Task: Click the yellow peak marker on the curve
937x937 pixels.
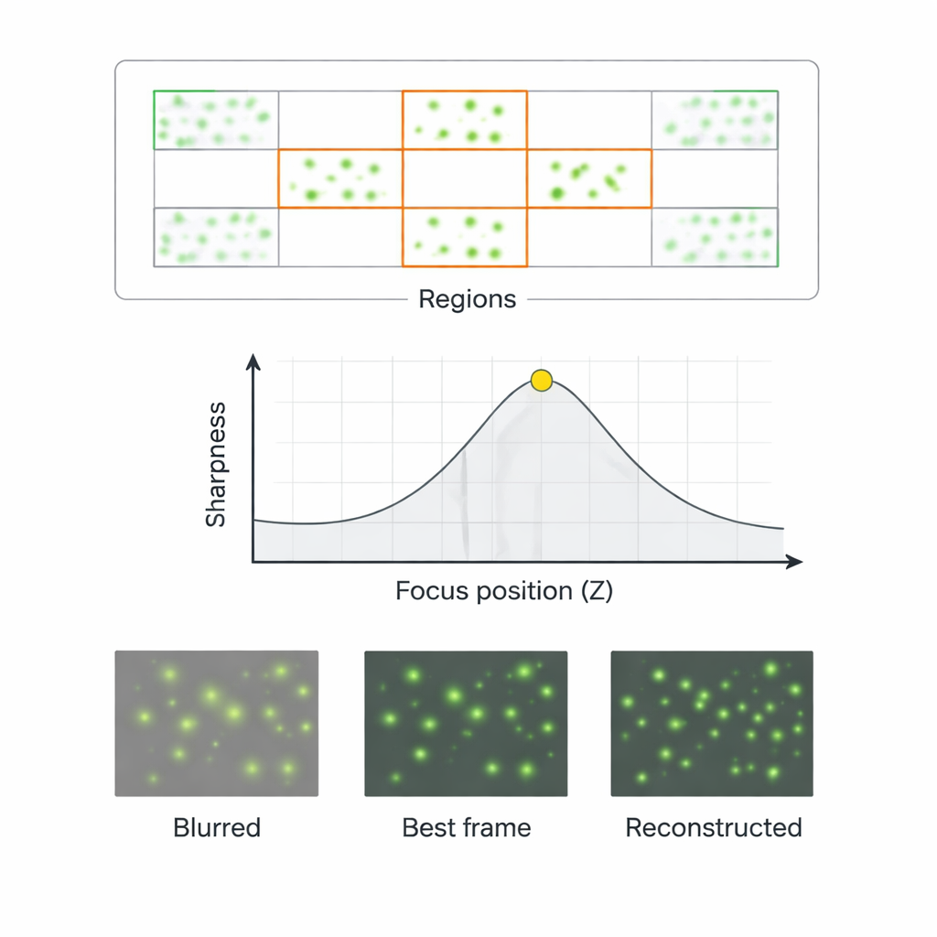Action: tap(542, 380)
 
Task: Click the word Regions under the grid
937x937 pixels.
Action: tap(467, 299)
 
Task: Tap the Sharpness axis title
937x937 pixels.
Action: tap(216, 466)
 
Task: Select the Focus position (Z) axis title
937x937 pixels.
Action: tap(504, 591)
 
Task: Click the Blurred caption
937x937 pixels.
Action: tap(217, 828)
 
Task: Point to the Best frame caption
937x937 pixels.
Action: tap(467, 828)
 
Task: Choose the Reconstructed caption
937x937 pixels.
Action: tap(714, 828)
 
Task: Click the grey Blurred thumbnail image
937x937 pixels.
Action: tap(217, 723)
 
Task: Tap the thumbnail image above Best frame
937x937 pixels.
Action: tap(466, 723)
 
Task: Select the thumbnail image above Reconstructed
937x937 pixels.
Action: tap(712, 723)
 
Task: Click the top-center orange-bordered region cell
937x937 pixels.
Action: tap(465, 120)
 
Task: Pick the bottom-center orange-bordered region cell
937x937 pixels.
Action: tap(465, 237)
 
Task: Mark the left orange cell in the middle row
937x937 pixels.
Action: tap(340, 178)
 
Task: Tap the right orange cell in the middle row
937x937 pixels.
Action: tap(589, 178)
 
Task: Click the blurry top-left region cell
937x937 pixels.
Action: tap(216, 120)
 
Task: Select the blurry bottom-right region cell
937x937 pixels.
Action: tap(715, 237)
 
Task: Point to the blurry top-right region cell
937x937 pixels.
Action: tap(715, 120)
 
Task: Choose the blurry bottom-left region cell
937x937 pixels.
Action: tap(216, 237)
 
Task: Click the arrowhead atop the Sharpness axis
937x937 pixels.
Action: tap(254, 362)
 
